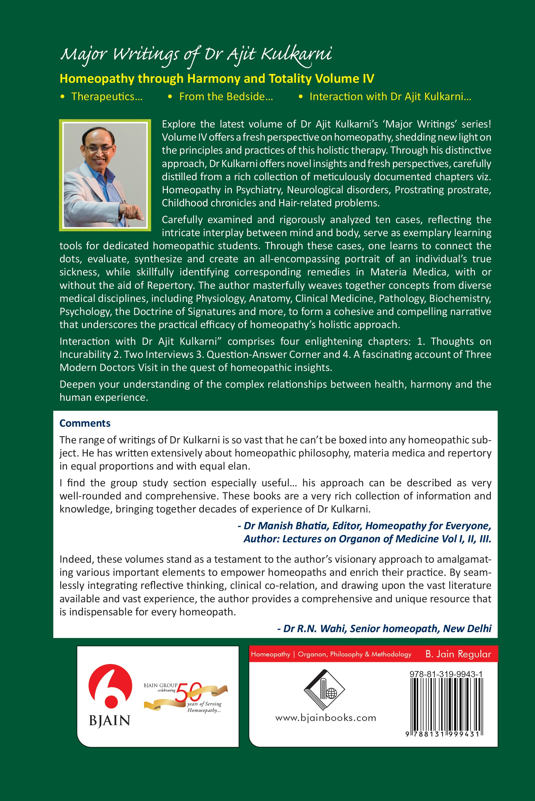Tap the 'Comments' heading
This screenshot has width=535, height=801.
coord(85,423)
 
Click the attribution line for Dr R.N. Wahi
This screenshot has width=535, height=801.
coord(384,628)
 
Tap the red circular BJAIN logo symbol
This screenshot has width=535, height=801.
coord(110,685)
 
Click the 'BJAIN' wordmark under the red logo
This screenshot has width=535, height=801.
coord(109,721)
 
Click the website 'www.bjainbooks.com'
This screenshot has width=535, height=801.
coord(325,718)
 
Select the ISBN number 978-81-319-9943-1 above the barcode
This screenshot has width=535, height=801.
coord(446,674)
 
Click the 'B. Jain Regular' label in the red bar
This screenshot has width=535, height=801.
coord(458,654)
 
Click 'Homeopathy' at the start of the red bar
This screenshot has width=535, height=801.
coord(270,654)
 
